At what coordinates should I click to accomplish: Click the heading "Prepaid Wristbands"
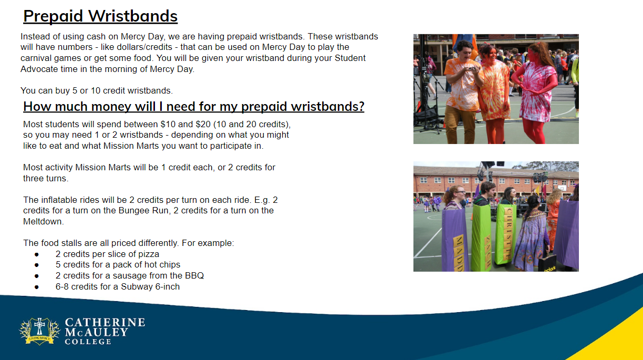tap(100, 16)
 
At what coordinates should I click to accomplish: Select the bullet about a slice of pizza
tap(107, 254)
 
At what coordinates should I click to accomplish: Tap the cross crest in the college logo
tap(39, 331)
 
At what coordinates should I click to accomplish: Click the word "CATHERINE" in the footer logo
tap(105, 322)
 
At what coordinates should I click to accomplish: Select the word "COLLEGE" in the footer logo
tap(88, 342)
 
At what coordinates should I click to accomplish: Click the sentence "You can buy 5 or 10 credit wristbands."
tap(97, 91)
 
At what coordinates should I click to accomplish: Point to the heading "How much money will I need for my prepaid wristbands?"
tap(194, 107)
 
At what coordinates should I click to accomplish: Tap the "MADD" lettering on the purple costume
tap(459, 253)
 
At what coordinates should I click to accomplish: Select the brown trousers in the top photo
tap(460, 125)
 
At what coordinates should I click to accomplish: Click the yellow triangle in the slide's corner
tap(617, 342)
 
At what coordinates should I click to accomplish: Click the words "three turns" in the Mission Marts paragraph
tap(45, 178)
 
